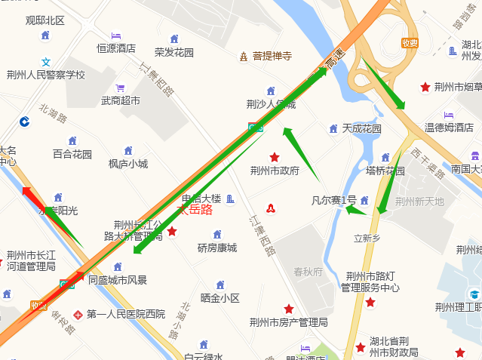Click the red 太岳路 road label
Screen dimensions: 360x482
click(x=194, y=210)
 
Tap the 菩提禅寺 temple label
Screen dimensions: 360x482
click(x=272, y=56)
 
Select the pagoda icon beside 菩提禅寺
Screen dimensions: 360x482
click(x=244, y=57)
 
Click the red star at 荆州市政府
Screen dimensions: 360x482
click(x=275, y=157)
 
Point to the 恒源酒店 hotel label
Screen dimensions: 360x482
click(x=116, y=48)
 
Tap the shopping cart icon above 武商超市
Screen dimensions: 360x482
click(x=119, y=88)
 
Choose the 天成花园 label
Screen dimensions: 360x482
click(x=361, y=128)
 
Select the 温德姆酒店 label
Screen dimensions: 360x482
click(x=448, y=128)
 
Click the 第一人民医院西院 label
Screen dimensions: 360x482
click(x=125, y=314)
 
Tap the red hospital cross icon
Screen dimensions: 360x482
click(x=78, y=314)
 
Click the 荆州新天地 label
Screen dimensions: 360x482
click(x=419, y=202)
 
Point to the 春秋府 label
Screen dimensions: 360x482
click(x=308, y=272)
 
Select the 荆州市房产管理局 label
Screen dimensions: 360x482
click(x=288, y=322)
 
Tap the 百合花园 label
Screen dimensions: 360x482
click(x=72, y=154)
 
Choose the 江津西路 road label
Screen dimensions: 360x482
click(x=261, y=235)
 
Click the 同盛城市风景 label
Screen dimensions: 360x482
click(x=118, y=280)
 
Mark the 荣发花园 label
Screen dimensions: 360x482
click(x=174, y=53)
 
